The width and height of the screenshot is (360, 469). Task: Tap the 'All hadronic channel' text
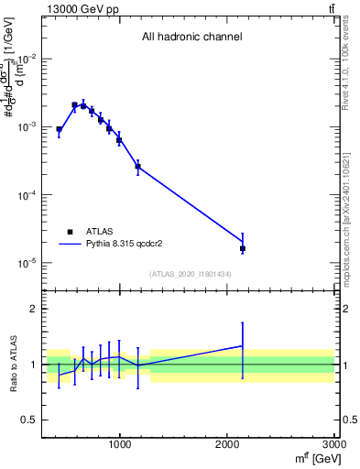coord(191,38)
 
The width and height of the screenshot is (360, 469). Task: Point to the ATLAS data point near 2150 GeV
coord(243,248)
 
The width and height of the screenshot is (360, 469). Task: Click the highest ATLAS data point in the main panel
coord(74,105)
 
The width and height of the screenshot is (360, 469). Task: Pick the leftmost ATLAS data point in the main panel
coord(59,130)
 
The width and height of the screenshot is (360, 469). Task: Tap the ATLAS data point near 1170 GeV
coord(138,167)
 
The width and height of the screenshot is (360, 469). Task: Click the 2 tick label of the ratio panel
coord(34,310)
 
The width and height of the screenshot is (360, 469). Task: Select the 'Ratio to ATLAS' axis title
coord(12,364)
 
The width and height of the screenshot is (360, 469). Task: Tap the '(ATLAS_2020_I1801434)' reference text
coord(191,274)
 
